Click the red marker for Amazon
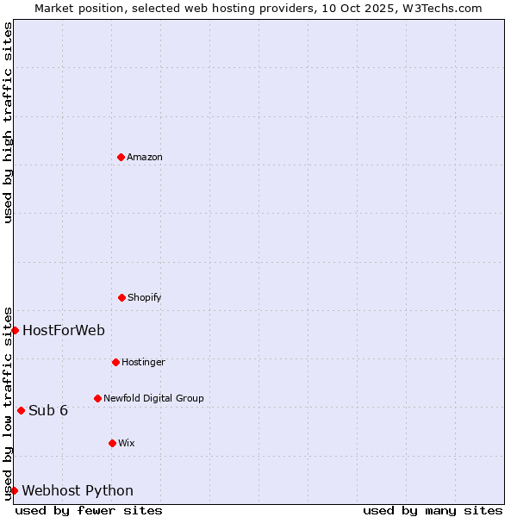click(121, 157)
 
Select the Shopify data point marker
click(121, 297)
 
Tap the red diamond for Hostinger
click(115, 362)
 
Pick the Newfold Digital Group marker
click(97, 398)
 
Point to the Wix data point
click(112, 443)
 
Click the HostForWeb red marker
click(15, 330)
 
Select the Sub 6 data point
click(21, 410)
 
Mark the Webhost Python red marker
click(14, 490)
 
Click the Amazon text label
click(145, 157)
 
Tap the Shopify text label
click(145, 297)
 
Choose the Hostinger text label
click(143, 362)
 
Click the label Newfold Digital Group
click(153, 398)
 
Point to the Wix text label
click(127, 443)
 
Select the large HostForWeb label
click(64, 330)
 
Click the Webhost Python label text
click(78, 490)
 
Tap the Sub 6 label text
click(48, 410)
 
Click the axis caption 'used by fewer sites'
click(89, 510)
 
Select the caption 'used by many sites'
click(433, 510)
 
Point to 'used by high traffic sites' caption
click(8, 122)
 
